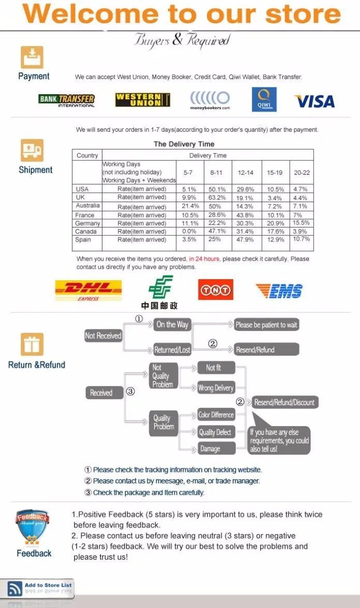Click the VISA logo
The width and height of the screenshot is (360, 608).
tap(314, 101)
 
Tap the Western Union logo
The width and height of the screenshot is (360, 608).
tap(143, 100)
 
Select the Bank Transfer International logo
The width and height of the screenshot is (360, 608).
tap(67, 100)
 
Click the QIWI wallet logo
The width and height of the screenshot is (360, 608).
tap(264, 100)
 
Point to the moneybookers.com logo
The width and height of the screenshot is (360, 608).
tap(210, 100)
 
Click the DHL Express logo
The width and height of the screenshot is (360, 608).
tap(88, 291)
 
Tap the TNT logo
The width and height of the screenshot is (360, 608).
tap(216, 290)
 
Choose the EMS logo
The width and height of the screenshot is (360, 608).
tap(279, 291)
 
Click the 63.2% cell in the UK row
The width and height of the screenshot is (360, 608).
tap(217, 197)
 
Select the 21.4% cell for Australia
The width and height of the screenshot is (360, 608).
tap(190, 206)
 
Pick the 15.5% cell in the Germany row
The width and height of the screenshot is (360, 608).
tap(301, 223)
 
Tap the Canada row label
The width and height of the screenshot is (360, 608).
tap(86, 231)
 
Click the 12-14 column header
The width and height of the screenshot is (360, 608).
tap(246, 172)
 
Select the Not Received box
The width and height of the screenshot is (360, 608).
tap(103, 336)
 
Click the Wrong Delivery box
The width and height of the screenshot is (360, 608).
tap(216, 388)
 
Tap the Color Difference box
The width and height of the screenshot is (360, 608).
tap(216, 415)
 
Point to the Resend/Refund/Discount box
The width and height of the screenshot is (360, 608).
tap(284, 402)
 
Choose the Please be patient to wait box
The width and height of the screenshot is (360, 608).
tap(266, 325)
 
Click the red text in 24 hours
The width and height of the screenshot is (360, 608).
tap(204, 259)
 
